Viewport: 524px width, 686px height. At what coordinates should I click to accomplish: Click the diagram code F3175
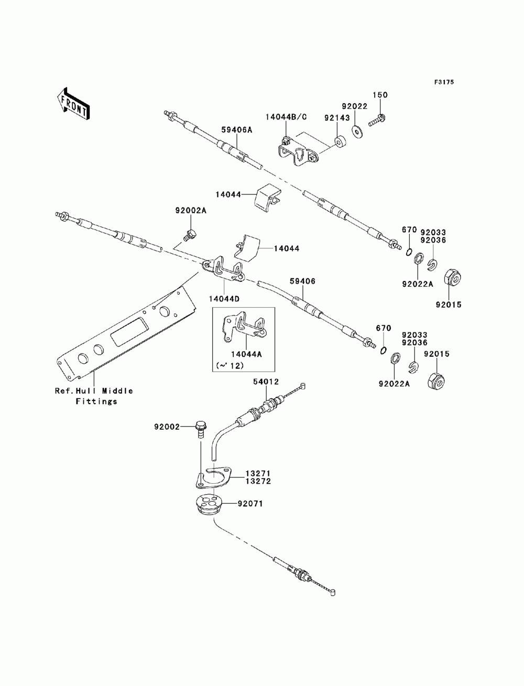pos(444,82)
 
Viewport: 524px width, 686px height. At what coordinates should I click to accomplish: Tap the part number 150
pos(380,95)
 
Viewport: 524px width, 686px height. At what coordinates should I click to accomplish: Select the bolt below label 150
pos(377,121)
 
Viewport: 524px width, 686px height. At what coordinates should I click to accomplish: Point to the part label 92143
pos(337,118)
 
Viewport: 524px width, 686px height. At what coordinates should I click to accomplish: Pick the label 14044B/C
pos(286,117)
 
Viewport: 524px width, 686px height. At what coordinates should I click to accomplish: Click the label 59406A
pos(236,129)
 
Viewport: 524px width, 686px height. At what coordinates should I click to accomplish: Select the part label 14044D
pos(224,299)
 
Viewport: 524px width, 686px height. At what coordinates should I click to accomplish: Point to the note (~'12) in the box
pos(230,365)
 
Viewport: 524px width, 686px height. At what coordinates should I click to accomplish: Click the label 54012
pos(266,382)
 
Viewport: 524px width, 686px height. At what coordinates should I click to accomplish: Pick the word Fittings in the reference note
pos(96,401)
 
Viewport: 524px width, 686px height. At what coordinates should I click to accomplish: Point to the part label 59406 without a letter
pos(302,281)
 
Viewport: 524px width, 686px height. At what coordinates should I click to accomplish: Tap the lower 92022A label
pos(394,384)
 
